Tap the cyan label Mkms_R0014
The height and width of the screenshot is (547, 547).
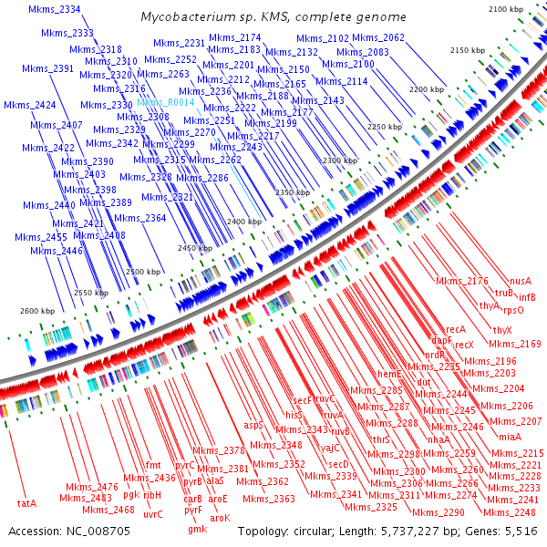pyautogui.click(x=166, y=103)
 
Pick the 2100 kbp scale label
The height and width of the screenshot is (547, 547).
pyautogui.click(x=507, y=8)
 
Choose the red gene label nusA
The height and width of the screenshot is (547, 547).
pyautogui.click(x=521, y=282)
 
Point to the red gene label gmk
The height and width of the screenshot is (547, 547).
pyautogui.click(x=197, y=529)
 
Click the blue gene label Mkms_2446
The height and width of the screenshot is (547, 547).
pyautogui.click(x=50, y=251)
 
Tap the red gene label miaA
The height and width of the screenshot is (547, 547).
pyautogui.click(x=510, y=438)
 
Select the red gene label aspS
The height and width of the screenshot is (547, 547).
pyautogui.click(x=253, y=425)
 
